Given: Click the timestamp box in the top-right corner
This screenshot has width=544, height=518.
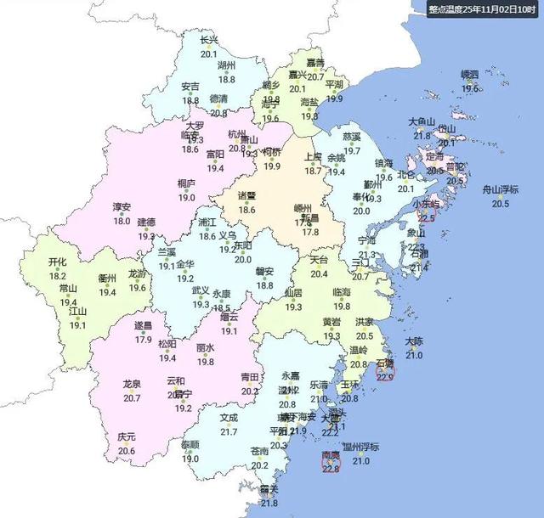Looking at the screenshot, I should click(483, 9).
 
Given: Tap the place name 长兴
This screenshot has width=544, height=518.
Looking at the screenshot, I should click(209, 40).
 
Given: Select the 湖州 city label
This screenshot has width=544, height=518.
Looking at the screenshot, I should click(226, 65).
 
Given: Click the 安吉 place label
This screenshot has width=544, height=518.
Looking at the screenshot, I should click(190, 87).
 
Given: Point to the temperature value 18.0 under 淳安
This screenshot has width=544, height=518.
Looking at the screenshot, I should click(122, 220).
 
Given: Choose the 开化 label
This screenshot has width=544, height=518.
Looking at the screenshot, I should click(58, 262).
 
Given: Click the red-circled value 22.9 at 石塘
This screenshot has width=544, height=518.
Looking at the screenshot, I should click(387, 377).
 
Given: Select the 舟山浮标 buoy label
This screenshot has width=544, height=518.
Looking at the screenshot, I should click(501, 189).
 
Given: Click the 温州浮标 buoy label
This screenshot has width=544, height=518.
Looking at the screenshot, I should click(361, 448).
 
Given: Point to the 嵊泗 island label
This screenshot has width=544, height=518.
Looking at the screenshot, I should click(470, 75).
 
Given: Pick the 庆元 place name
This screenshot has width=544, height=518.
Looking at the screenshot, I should click(127, 437).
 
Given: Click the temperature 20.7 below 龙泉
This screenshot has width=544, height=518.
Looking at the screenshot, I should click(132, 397).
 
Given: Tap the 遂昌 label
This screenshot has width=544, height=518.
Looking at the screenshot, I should click(144, 326).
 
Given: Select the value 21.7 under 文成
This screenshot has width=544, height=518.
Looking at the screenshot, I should click(229, 431).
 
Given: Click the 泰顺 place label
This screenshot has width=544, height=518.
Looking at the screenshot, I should click(190, 444).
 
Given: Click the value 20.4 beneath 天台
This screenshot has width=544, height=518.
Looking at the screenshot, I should click(319, 273).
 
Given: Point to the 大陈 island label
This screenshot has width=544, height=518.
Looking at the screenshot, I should click(414, 341).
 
